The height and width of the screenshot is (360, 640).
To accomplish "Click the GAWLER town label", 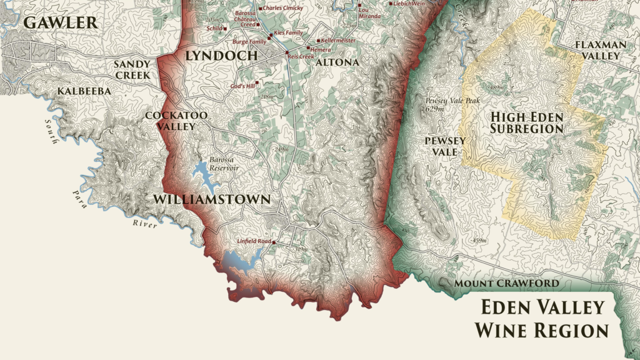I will [x=60, y=23].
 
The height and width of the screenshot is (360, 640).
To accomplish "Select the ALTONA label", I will [x=337, y=62].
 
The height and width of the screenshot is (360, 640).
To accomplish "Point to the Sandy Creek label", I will [x=132, y=69].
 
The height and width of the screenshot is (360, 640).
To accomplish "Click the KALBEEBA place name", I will [x=84, y=91].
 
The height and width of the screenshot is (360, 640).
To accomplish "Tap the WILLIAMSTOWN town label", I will [x=212, y=200].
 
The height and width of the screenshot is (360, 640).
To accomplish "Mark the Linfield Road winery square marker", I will [x=274, y=241].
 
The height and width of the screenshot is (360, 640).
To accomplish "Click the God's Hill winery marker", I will [x=256, y=82].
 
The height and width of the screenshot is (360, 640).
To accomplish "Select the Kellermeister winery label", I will [x=338, y=40].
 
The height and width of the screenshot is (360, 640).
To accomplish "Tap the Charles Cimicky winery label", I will [x=283, y=8].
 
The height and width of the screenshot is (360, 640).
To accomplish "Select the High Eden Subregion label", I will [x=527, y=123].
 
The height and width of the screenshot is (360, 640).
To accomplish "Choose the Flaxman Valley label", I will [x=597, y=50].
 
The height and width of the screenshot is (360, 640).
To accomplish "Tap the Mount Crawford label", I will [x=506, y=284].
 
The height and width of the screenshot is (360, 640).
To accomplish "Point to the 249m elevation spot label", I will [x=281, y=149].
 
